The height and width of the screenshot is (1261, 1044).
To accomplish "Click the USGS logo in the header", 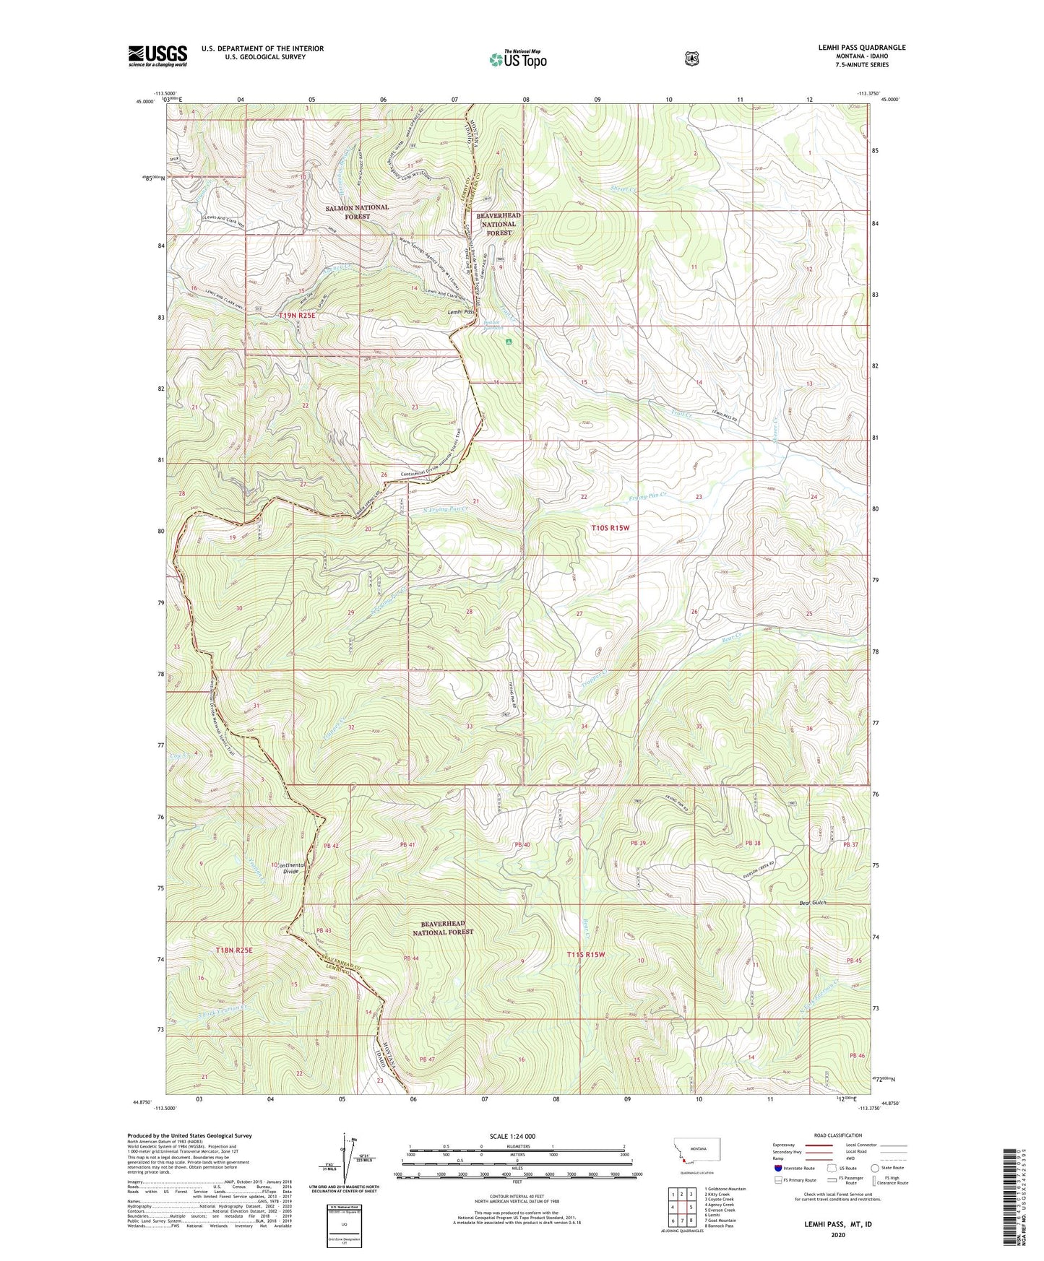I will pos(158,56).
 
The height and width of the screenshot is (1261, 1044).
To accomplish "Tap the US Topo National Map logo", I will pos(517,58).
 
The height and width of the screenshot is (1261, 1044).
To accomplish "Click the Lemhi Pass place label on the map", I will pos(460,312).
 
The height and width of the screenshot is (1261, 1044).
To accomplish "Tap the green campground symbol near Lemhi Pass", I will pos(510,342).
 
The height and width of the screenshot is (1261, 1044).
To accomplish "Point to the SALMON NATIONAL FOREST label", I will pos(357,212).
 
